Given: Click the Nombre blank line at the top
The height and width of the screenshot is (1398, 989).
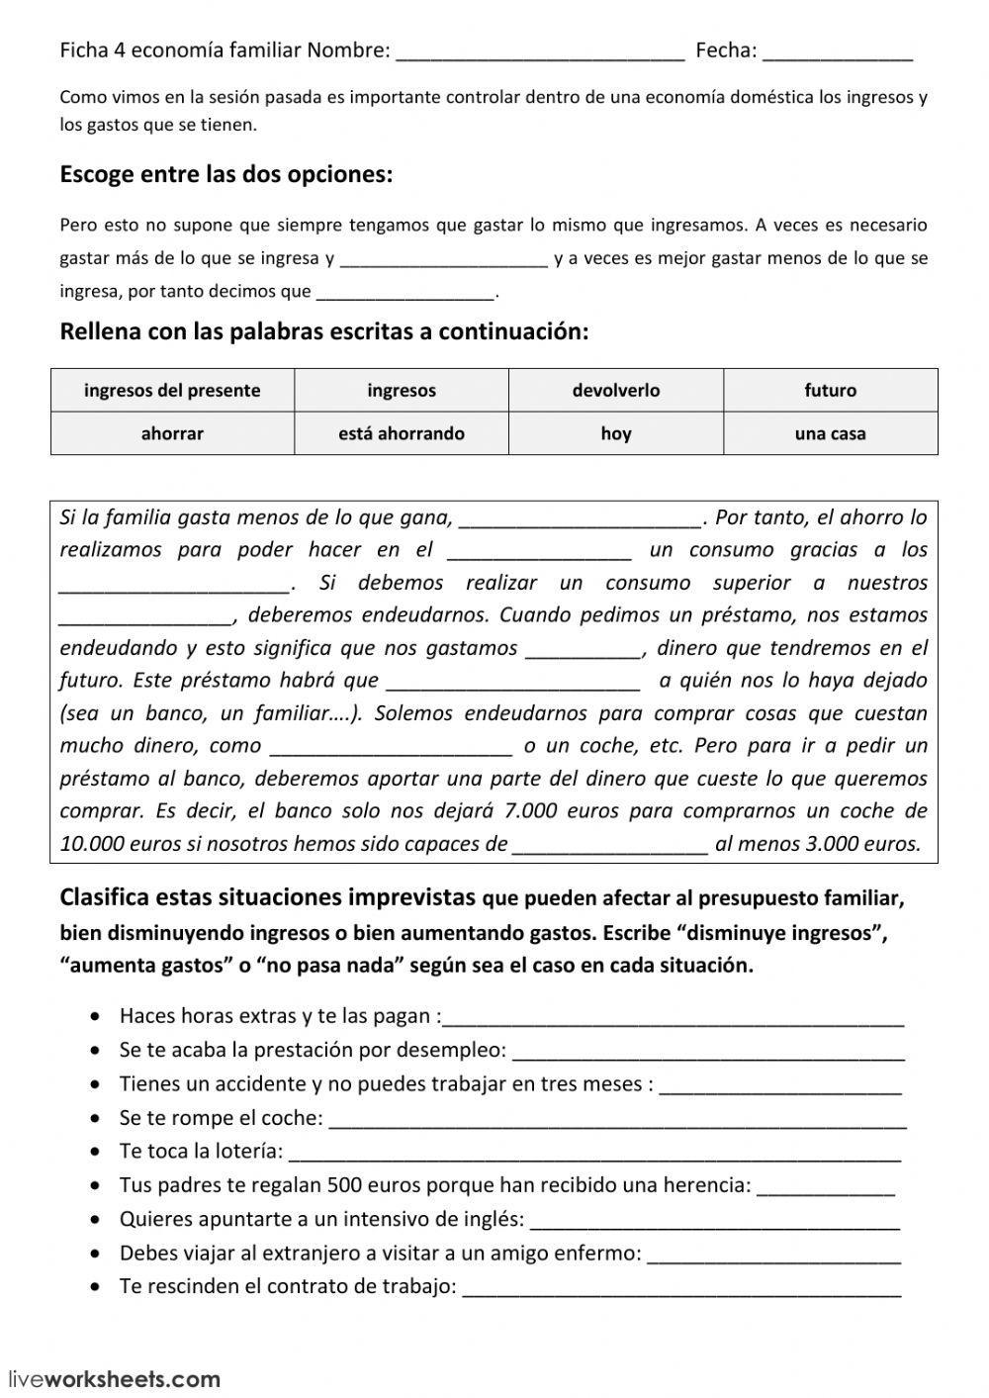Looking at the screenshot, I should [x=539, y=51].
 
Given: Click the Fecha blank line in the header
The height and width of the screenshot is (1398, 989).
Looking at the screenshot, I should [x=838, y=51].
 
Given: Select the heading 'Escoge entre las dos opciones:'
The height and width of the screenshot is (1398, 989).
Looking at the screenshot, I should [x=226, y=174].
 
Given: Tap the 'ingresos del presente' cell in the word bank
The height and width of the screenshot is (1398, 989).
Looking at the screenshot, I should [x=172, y=390].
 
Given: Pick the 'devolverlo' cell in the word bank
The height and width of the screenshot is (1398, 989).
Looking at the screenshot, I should [x=615, y=390].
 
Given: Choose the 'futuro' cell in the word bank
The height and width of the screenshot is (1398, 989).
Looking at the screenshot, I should [x=830, y=390].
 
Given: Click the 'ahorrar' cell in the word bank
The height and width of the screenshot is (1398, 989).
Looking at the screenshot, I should [x=172, y=433].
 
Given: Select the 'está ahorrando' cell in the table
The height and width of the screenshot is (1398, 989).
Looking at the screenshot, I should [x=401, y=433].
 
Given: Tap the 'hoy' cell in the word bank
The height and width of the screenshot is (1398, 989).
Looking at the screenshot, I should [x=615, y=433].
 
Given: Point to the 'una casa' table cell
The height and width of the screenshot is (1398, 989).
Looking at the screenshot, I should [x=830, y=433].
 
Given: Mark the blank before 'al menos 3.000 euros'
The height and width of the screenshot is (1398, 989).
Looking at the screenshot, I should [x=610, y=846].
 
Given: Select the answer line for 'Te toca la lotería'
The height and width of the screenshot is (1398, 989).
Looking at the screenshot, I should [x=594, y=1153].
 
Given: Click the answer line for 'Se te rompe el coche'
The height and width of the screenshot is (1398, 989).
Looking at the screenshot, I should [x=616, y=1119].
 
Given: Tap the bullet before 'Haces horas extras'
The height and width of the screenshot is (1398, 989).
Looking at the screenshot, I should [x=94, y=1016].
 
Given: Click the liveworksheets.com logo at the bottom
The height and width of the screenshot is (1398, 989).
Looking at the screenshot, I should [x=114, y=1379].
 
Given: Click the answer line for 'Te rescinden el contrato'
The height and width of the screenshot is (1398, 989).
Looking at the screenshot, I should [x=681, y=1288].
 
